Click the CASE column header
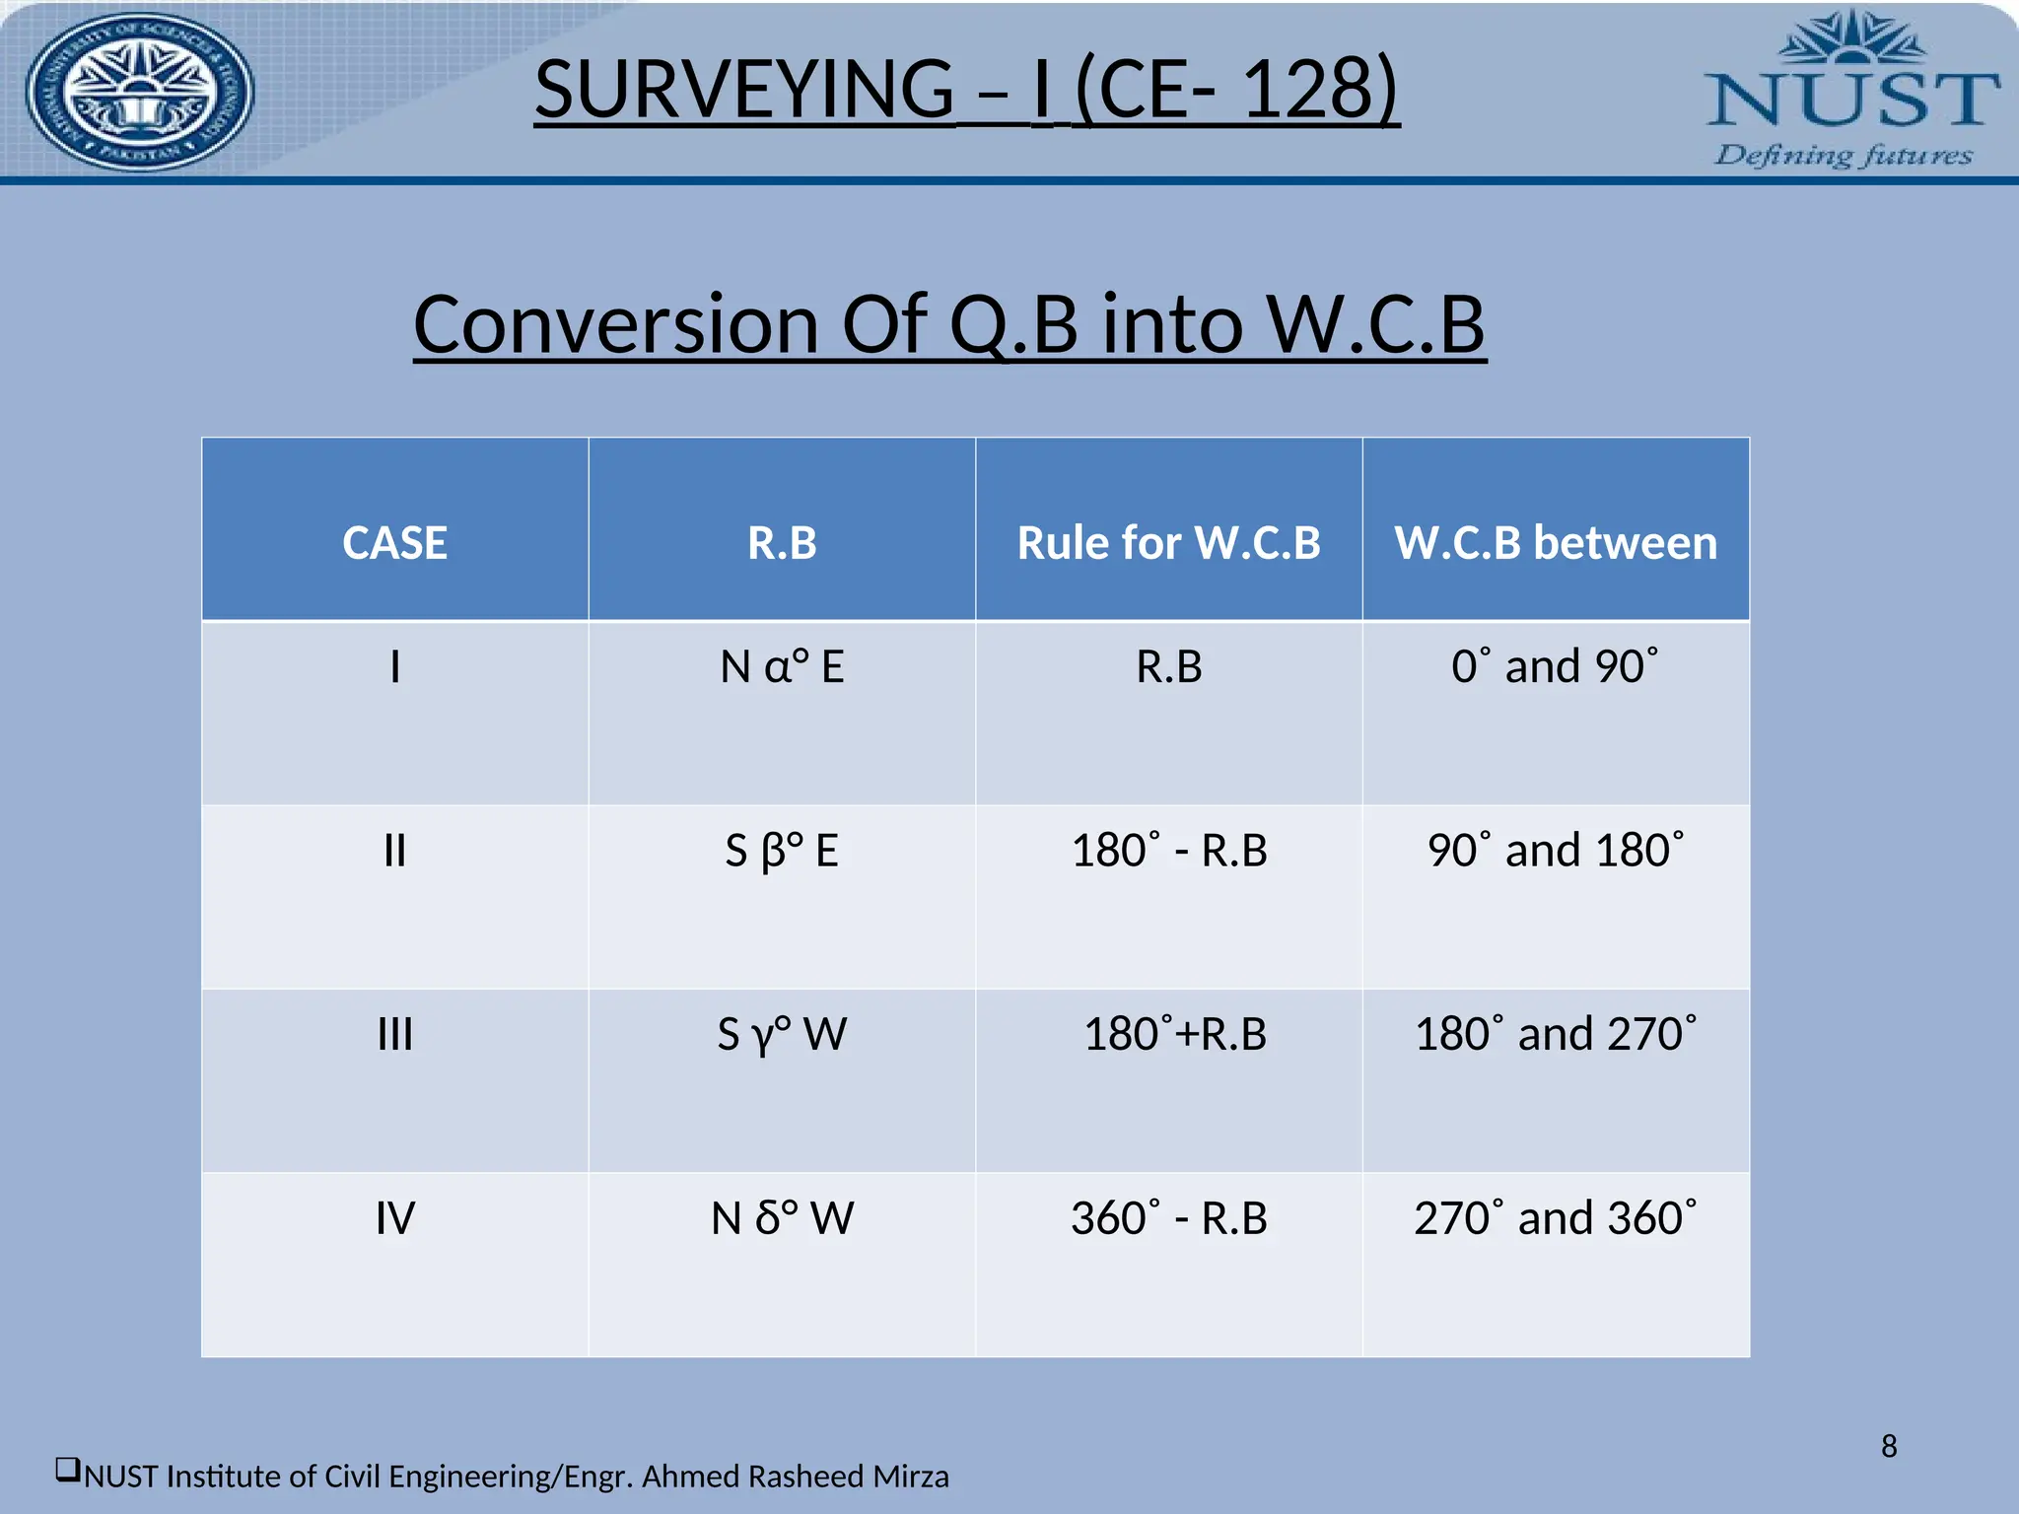pos(394,543)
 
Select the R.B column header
pos(782,543)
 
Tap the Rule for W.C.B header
pos(1168,543)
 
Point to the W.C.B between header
pos(1556,543)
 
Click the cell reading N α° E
pos(782,667)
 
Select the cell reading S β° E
pos(782,851)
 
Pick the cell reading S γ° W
pos(782,1035)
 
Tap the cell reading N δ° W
pos(782,1218)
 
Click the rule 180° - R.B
pos(1168,851)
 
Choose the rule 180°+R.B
pos(1174,1035)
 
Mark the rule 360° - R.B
pos(1168,1218)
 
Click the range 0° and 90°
pos(1556,667)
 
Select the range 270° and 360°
pos(1556,1218)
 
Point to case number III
pos(394,1035)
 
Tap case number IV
pos(394,1218)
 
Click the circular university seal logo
pos(139,92)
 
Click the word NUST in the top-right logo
pos(1851,99)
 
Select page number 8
pos(1888,1446)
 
